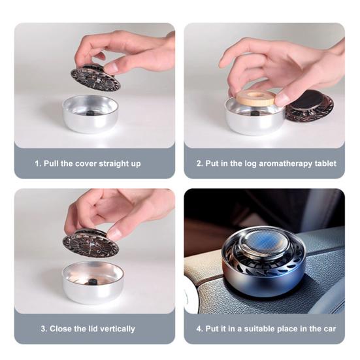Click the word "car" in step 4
pos(329,329)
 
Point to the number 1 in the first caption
pos(37,163)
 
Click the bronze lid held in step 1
pos(95,77)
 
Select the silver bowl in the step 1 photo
pos(90,114)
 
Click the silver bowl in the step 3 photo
pos(93,282)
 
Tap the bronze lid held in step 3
pos(91,242)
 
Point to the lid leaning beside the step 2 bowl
pos(310,106)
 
